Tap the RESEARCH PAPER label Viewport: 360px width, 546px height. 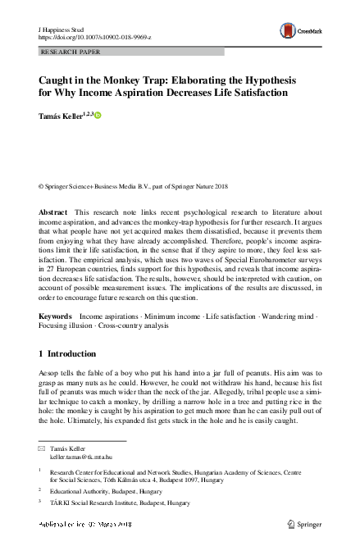pos(70,51)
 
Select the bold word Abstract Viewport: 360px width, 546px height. pos(53,212)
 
